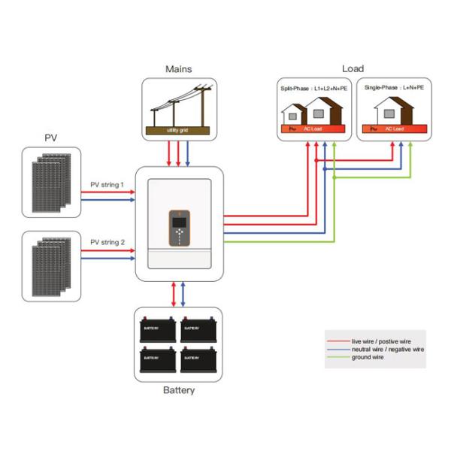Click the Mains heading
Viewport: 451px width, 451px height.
(178, 69)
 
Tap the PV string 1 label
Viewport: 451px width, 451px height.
(107, 183)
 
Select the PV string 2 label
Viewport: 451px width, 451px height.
(107, 242)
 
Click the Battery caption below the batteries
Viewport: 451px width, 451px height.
(178, 390)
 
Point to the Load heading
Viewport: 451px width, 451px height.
(353, 69)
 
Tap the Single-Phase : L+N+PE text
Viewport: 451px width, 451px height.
(393, 88)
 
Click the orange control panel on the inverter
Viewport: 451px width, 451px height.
(178, 226)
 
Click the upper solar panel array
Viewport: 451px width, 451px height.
(49, 183)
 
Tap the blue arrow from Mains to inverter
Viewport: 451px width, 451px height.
(187, 153)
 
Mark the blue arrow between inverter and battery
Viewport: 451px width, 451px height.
(183, 293)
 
